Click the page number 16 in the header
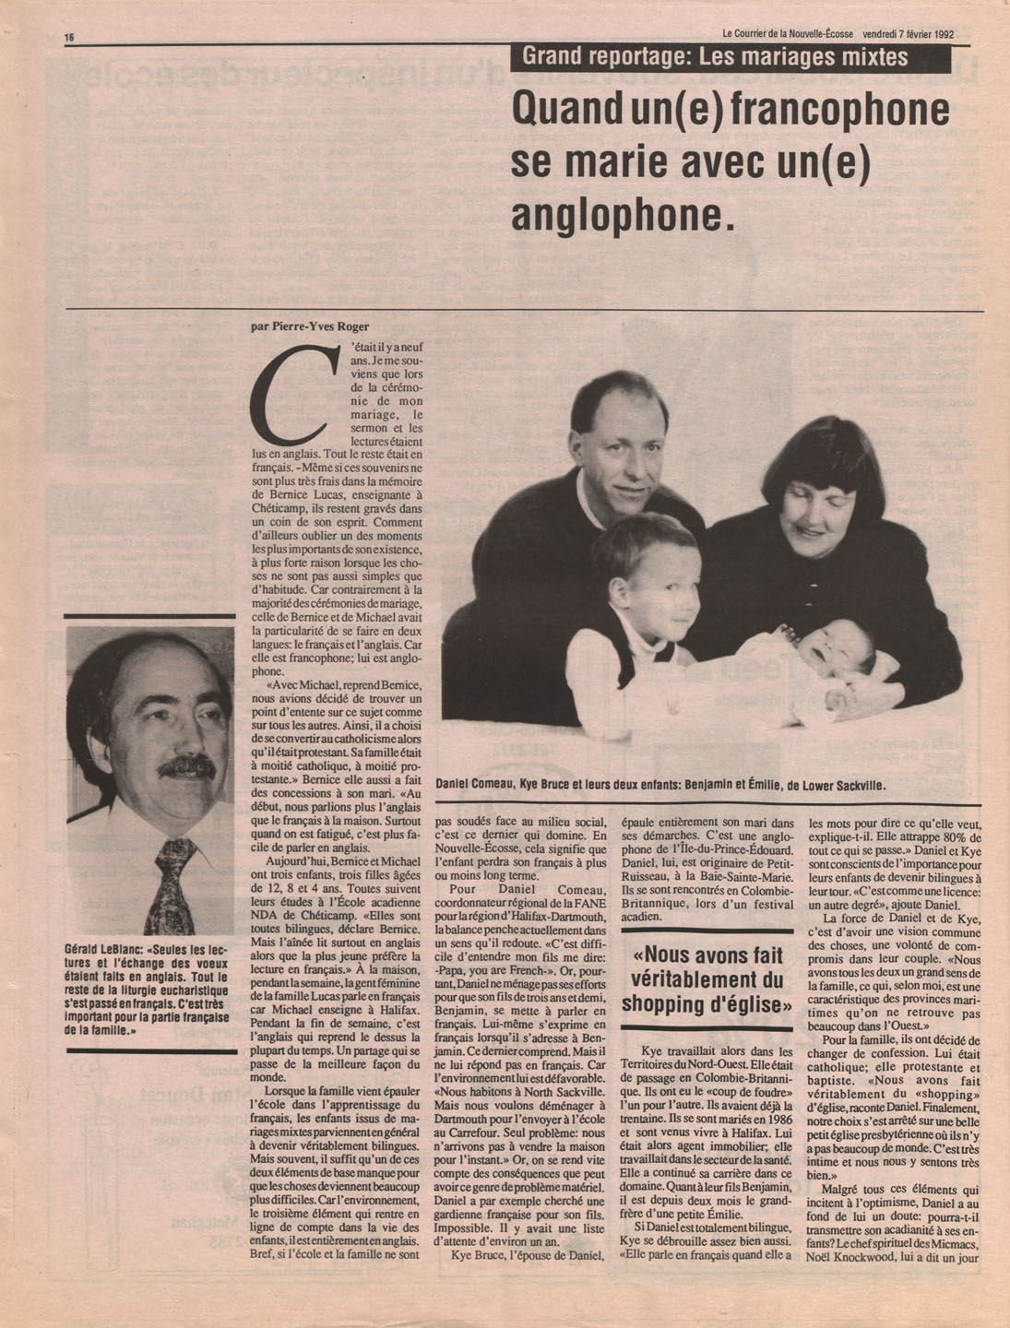pos(69,36)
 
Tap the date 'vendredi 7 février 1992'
pos(902,33)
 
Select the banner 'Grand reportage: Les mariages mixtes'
pos(715,57)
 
